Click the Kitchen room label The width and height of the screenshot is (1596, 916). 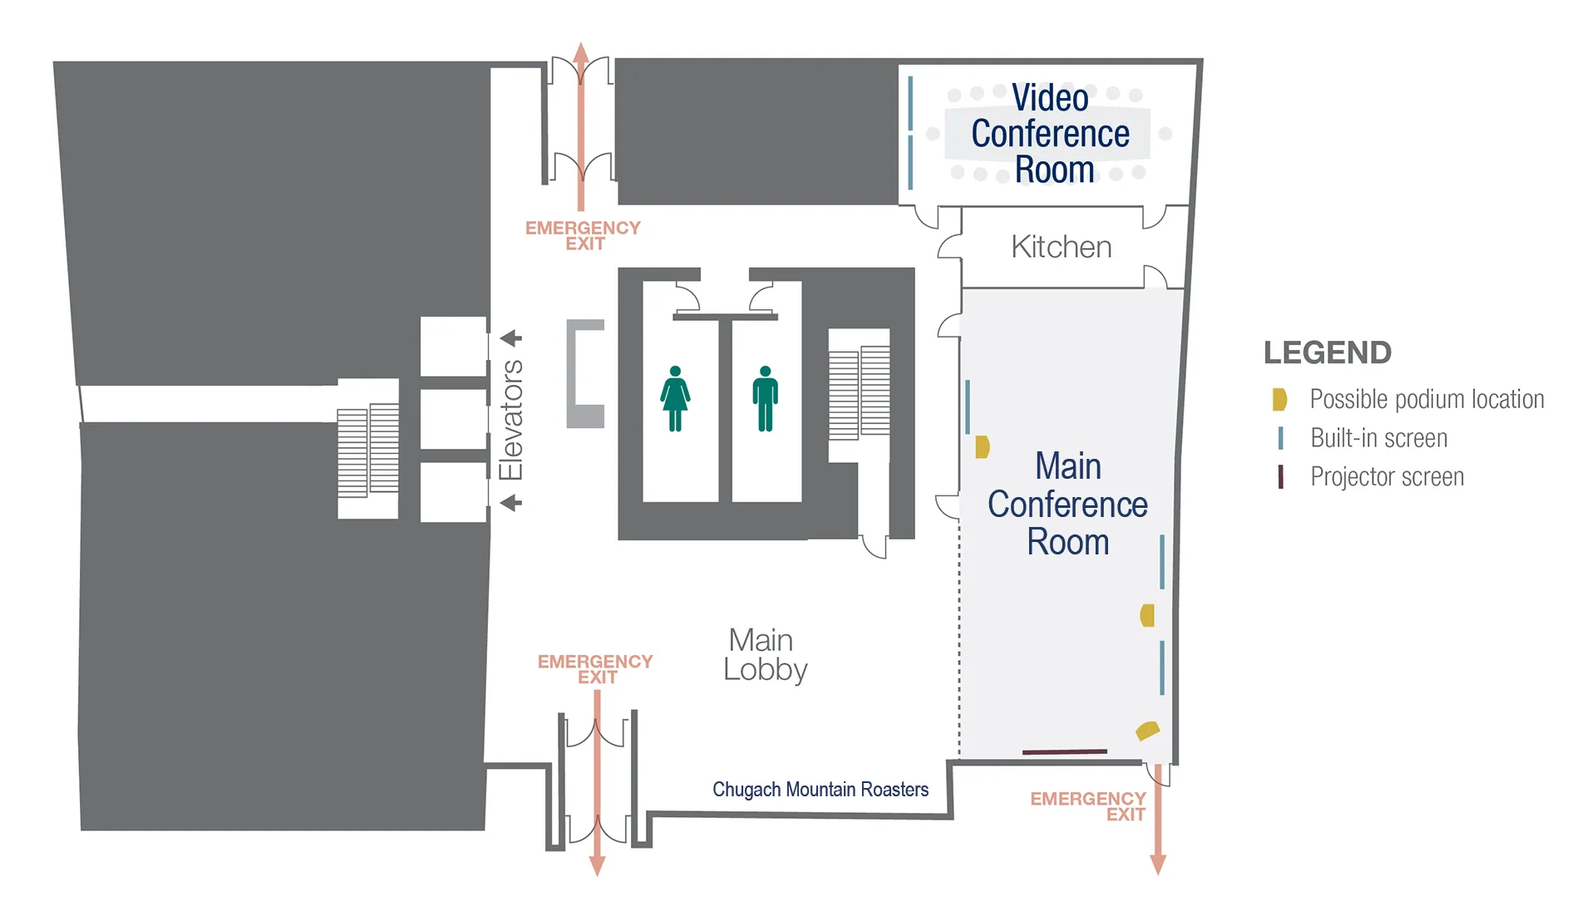click(1061, 247)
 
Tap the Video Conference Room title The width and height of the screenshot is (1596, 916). click(1050, 134)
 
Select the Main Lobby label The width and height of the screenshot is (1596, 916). click(764, 655)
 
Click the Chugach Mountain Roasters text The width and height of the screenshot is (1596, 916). click(820, 790)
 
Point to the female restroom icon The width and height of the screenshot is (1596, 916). click(675, 398)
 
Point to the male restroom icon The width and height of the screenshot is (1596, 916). click(765, 398)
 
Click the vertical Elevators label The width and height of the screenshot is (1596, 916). click(510, 420)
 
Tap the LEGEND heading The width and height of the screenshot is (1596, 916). click(1327, 352)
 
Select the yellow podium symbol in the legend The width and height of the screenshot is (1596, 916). click(1279, 400)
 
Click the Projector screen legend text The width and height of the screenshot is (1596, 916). click(1387, 477)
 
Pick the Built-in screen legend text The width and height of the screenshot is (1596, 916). click(1378, 438)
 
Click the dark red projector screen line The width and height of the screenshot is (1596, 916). click(1064, 751)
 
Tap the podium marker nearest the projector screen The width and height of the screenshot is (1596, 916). click(1147, 731)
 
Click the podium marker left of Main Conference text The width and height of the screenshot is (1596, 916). click(982, 447)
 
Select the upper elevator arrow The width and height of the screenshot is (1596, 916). click(510, 338)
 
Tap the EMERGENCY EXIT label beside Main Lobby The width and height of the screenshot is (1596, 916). click(595, 669)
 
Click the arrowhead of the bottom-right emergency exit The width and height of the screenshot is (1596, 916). click(1157, 864)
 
